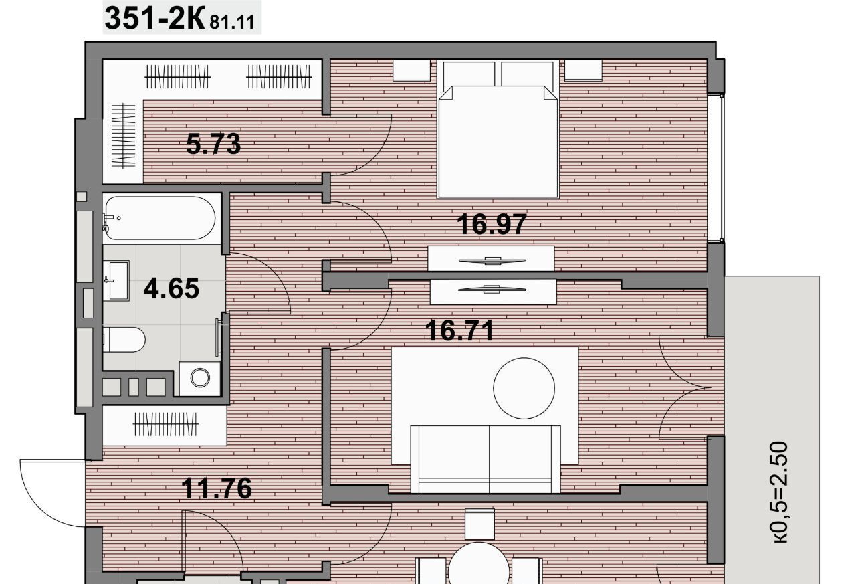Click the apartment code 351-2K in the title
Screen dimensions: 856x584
[154, 18]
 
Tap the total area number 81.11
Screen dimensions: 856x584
[232, 23]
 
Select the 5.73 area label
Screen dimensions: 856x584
[213, 144]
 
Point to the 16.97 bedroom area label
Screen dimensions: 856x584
[492, 224]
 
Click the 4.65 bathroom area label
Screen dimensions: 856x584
[171, 288]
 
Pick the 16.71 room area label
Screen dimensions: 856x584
[459, 330]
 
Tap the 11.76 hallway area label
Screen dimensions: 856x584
[217, 488]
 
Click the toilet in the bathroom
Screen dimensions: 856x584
[124, 339]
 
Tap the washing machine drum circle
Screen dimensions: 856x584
[200, 377]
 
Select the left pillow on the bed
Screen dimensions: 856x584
[469, 74]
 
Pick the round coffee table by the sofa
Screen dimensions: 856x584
[524, 388]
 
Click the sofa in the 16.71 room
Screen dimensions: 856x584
[486, 459]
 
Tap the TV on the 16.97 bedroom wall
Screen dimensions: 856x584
[492, 261]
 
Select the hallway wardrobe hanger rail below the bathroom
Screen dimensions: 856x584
[165, 424]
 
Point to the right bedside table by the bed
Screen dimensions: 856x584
[583, 70]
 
